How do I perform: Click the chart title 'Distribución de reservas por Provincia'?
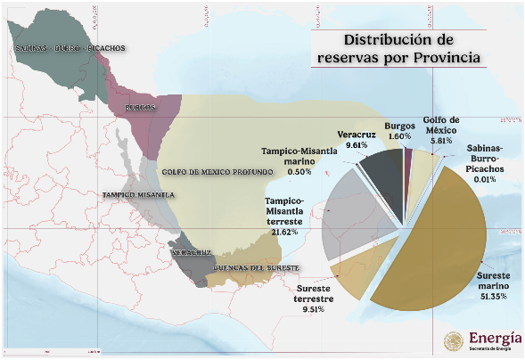click(x=398, y=48)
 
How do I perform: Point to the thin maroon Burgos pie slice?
click(x=408, y=184)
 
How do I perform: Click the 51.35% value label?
click(x=494, y=297)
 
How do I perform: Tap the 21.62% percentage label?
click(x=284, y=232)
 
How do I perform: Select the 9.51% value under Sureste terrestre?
click(x=314, y=309)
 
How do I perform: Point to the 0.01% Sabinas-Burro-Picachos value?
click(x=485, y=179)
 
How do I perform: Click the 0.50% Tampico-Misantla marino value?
click(x=299, y=172)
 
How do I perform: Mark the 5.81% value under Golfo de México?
click(x=441, y=141)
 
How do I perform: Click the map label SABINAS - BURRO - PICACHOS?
click(x=70, y=48)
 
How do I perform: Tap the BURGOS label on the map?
click(x=140, y=108)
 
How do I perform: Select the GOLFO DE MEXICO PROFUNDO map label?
click(x=217, y=172)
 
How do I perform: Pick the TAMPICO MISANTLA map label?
click(x=138, y=195)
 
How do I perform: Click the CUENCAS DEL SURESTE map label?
click(x=256, y=268)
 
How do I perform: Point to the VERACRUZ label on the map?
click(x=191, y=252)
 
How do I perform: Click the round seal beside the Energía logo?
click(x=454, y=341)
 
